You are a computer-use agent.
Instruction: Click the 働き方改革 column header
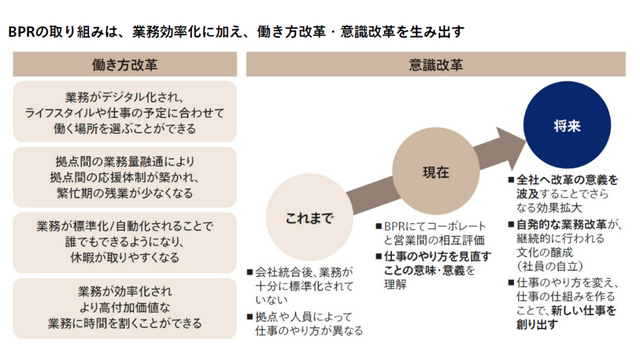(x=125, y=65)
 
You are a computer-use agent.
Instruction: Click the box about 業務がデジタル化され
(x=125, y=114)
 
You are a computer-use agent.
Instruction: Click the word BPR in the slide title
(x=25, y=31)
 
